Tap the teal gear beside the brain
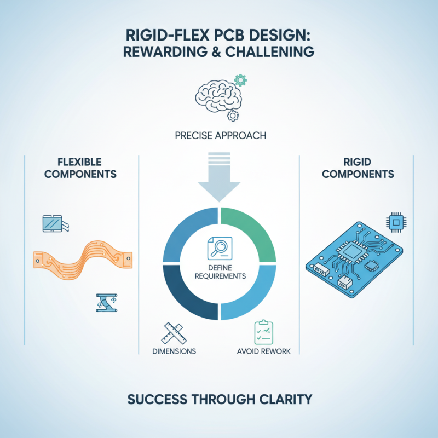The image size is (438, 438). pyautogui.click(x=240, y=80)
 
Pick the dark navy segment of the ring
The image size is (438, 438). pyautogui.click(x=186, y=296)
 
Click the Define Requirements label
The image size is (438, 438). pyautogui.click(x=219, y=272)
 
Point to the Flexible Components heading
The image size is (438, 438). pyautogui.click(x=79, y=168)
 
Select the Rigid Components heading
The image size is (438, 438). pyautogui.click(x=358, y=168)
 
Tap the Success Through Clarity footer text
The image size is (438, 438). pyautogui.click(x=219, y=399)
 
